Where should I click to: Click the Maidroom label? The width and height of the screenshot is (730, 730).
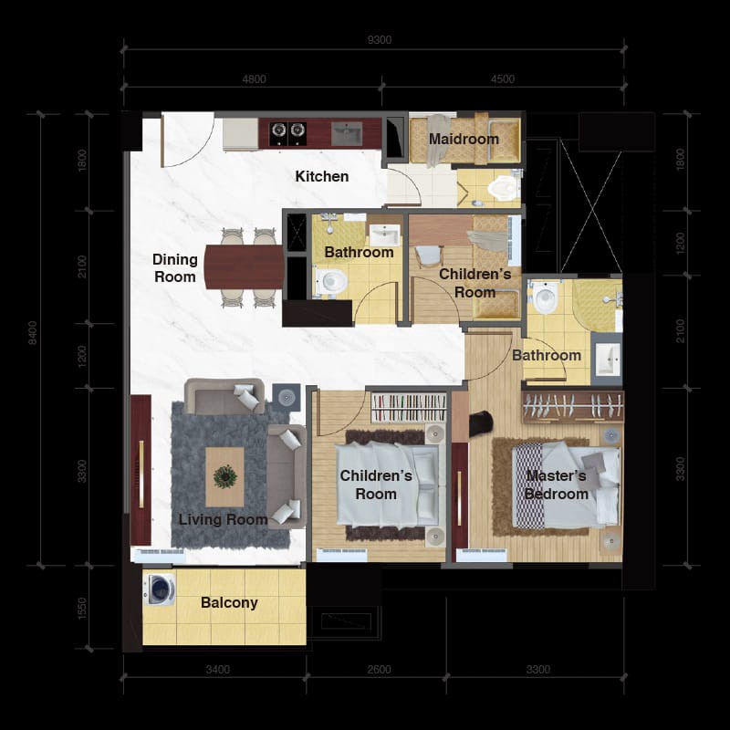(464, 140)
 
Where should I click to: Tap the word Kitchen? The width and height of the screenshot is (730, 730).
(321, 176)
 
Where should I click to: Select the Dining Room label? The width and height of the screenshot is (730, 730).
(174, 268)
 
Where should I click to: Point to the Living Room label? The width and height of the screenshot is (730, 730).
(223, 519)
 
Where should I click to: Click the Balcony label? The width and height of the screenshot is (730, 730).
(229, 602)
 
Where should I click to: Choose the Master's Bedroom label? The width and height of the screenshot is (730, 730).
(556, 485)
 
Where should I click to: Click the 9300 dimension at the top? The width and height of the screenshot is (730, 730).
(379, 39)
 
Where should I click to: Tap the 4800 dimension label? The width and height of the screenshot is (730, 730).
(254, 79)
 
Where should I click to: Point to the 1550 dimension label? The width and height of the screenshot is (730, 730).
(83, 609)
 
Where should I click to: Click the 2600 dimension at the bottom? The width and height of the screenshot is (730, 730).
(379, 670)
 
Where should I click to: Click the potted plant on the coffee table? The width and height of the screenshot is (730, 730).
(224, 475)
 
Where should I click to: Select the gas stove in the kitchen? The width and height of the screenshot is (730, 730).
(287, 133)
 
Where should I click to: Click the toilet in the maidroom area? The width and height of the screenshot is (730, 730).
(500, 189)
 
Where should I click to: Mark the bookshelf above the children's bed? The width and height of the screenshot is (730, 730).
(408, 406)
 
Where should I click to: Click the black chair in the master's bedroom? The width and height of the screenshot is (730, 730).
(480, 422)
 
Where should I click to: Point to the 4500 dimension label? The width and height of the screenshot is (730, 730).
(502, 79)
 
